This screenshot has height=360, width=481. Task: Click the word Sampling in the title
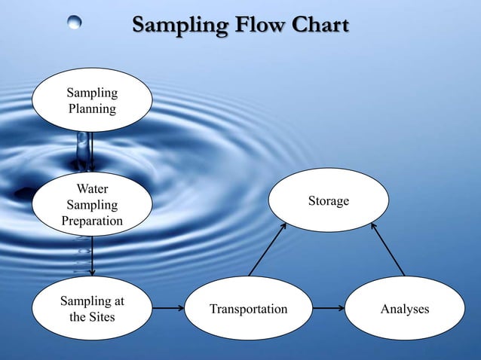tap(179, 26)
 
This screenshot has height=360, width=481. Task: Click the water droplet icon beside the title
tap(75, 23)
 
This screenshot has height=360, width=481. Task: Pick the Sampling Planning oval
tap(92, 100)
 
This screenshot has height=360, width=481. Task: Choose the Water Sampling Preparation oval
tap(92, 204)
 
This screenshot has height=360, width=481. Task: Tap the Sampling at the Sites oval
tap(92, 309)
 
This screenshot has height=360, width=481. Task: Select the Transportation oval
tap(249, 309)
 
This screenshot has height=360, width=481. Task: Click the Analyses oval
tap(405, 309)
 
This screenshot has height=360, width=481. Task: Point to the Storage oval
tap(329, 200)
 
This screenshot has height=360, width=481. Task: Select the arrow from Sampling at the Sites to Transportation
tap(168, 309)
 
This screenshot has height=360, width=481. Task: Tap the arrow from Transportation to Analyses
tap(329, 309)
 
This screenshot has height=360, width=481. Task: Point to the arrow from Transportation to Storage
tap(268, 249)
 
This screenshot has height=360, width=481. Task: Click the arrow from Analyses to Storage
tap(386, 249)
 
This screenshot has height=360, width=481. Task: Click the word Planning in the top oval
tap(92, 108)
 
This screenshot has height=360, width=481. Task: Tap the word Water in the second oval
tap(92, 188)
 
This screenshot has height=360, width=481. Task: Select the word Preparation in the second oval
tap(92, 221)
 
